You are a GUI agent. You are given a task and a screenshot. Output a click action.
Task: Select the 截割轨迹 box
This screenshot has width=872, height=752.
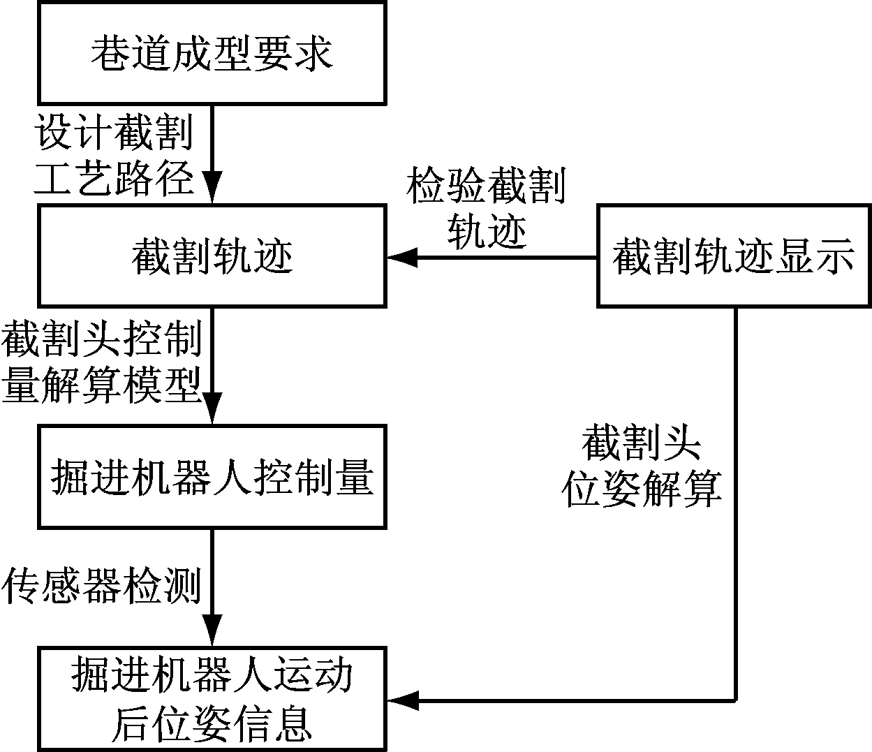(x=212, y=256)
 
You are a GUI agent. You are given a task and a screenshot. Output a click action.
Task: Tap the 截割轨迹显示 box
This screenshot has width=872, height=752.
(x=734, y=256)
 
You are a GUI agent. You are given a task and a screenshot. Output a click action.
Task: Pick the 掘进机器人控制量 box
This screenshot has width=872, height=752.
(x=212, y=478)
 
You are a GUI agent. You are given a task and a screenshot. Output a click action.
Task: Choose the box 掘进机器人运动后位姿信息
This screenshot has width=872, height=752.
(x=212, y=699)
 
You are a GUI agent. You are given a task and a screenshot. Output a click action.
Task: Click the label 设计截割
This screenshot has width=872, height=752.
(x=114, y=131)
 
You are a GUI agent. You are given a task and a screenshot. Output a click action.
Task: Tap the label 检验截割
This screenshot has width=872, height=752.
(x=487, y=185)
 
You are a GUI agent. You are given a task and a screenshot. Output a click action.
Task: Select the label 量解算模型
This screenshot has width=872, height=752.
(x=102, y=383)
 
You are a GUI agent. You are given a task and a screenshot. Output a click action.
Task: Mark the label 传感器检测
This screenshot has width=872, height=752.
(x=102, y=585)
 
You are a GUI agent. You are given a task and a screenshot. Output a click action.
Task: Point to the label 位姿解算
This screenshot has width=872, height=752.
(x=642, y=488)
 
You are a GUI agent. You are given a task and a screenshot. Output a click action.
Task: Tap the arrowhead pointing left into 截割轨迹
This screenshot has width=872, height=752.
(x=401, y=258)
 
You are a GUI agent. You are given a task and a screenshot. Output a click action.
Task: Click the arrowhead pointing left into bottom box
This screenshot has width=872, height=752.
(x=401, y=700)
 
